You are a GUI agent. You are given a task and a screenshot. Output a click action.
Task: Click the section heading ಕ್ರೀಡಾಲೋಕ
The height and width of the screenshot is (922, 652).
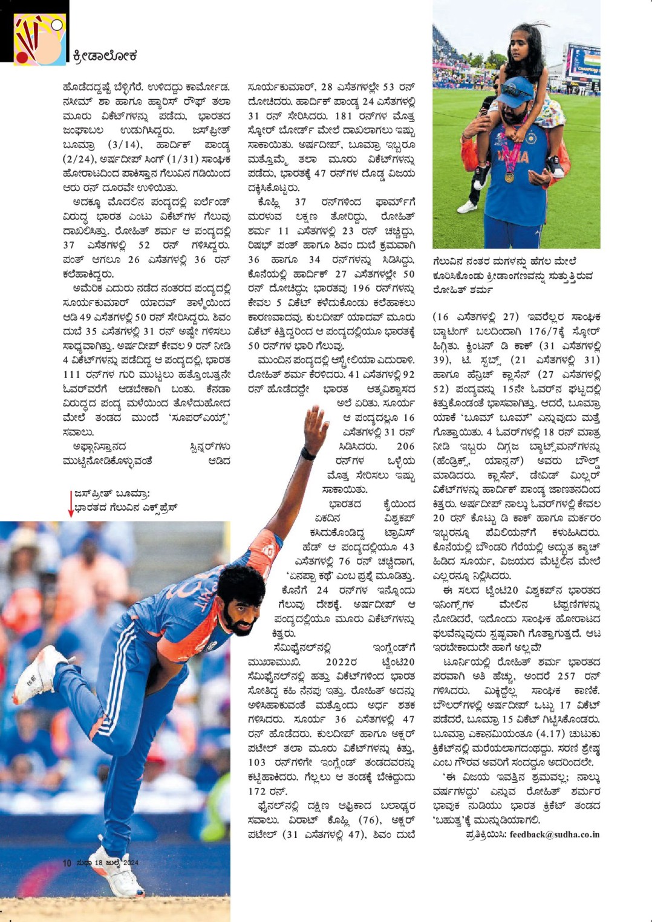click(x=105, y=56)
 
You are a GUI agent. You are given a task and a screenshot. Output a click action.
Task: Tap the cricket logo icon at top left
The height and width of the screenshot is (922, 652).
click(x=39, y=40)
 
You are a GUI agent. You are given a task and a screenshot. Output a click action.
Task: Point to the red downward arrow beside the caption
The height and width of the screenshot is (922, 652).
click(x=70, y=504)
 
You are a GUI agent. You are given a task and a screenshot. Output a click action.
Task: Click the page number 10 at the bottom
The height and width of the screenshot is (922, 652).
click(x=67, y=863)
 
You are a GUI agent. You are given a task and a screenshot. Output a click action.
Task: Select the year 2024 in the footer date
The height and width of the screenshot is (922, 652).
click(x=131, y=863)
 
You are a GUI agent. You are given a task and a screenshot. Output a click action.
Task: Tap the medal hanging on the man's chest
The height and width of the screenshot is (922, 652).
click(x=510, y=177)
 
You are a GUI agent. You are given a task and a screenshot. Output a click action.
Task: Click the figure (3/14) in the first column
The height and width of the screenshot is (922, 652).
click(x=125, y=145)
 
